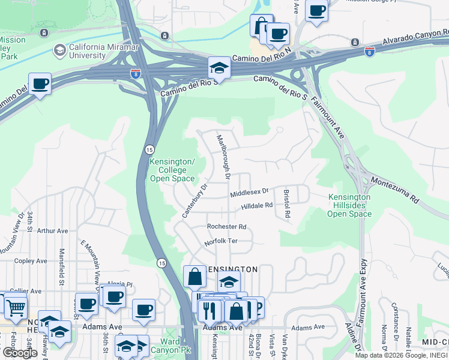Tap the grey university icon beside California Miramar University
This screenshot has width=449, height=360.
pyautogui.click(x=59, y=50)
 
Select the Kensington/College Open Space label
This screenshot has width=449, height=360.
pyautogui.click(x=172, y=170)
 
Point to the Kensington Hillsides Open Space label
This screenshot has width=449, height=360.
pyautogui.click(x=350, y=205)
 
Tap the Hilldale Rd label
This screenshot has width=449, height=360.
pyautogui.click(x=257, y=205)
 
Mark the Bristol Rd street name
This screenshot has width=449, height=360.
pyautogui.click(x=287, y=203)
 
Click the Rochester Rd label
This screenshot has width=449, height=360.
pyautogui.click(x=226, y=227)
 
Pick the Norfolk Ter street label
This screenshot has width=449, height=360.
pyautogui.click(x=221, y=241)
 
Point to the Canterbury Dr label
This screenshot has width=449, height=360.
pyautogui.click(x=195, y=200)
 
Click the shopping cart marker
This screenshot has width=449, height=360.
pyautogui.click(x=16, y=308)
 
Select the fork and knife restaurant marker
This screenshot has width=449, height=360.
pyautogui.click(x=209, y=310)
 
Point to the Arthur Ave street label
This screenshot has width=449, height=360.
pyautogui.click(x=53, y=230)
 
